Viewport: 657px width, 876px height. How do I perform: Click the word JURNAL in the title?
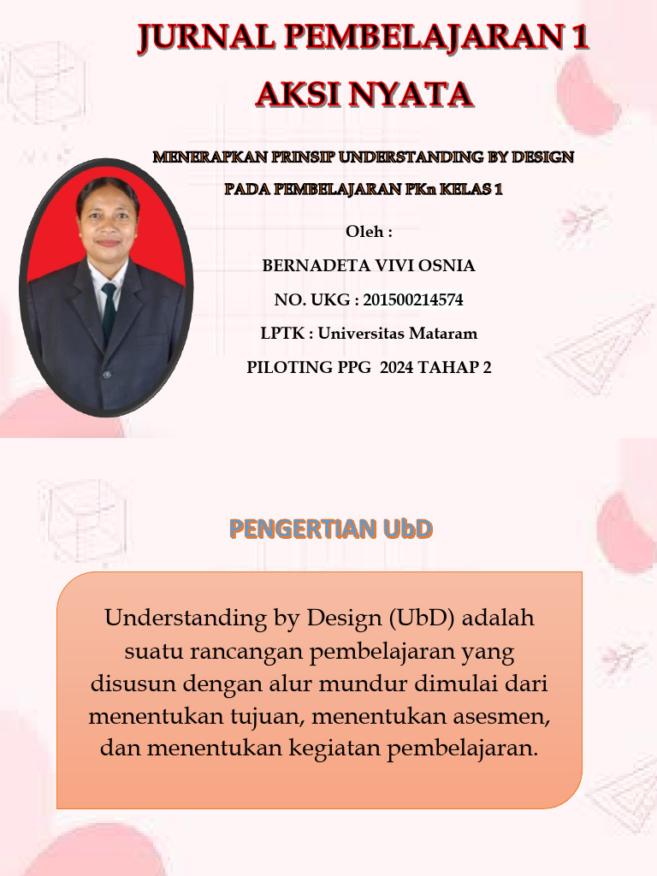coord(207,38)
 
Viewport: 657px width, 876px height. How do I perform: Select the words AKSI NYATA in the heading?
coord(364,94)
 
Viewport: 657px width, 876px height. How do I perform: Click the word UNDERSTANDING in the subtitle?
coord(411,157)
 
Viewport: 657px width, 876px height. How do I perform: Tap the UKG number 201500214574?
coord(413,300)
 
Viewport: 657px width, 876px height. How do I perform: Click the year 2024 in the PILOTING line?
coord(397,368)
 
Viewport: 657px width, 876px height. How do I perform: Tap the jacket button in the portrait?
coord(107,375)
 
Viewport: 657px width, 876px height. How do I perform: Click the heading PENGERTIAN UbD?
coord(331,529)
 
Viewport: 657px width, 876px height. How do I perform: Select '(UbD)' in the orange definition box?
coord(422,619)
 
